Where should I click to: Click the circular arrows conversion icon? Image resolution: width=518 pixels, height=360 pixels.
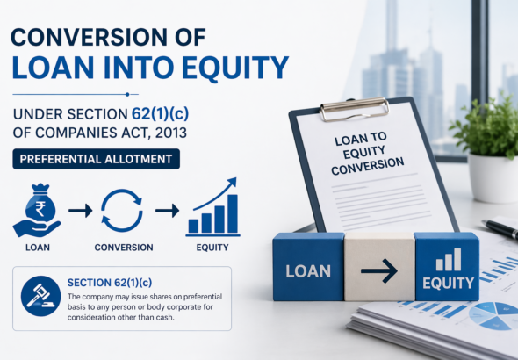122,212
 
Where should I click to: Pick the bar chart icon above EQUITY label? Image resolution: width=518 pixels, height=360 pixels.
213,209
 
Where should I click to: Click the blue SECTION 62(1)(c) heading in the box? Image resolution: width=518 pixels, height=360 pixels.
111,283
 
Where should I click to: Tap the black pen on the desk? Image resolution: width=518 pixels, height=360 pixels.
500,228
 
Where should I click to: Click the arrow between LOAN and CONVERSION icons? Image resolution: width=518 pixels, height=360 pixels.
80,211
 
